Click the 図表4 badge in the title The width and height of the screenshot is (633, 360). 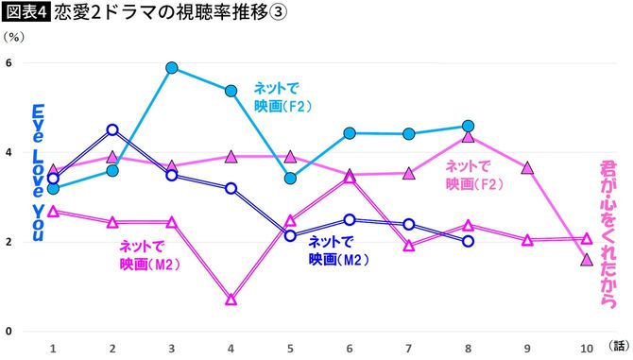[x=25, y=12]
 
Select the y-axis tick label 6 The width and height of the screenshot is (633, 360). [x=9, y=63]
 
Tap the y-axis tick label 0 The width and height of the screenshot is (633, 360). [x=9, y=332]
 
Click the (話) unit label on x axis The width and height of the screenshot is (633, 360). [x=618, y=347]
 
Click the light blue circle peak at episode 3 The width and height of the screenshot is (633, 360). [x=172, y=68]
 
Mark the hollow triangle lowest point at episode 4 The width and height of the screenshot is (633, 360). [x=231, y=300]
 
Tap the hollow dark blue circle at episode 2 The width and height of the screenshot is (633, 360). [x=112, y=130]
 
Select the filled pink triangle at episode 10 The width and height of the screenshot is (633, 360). [x=586, y=259]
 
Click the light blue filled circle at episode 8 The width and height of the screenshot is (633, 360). [x=468, y=126]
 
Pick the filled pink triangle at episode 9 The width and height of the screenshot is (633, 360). [x=527, y=167]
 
